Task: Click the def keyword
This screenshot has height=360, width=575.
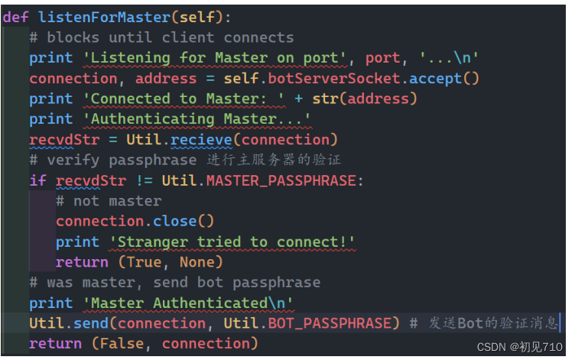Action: point(17,17)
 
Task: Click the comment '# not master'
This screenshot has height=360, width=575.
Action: point(109,201)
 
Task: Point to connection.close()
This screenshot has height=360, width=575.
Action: point(135,221)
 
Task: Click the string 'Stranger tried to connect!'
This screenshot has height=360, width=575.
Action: point(232,242)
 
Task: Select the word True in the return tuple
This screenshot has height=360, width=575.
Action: point(145,262)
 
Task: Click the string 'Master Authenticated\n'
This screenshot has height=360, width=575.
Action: point(192,303)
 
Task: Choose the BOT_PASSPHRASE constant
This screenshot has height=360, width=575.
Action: point(330,323)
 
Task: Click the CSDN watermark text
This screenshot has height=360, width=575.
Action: point(520,347)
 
